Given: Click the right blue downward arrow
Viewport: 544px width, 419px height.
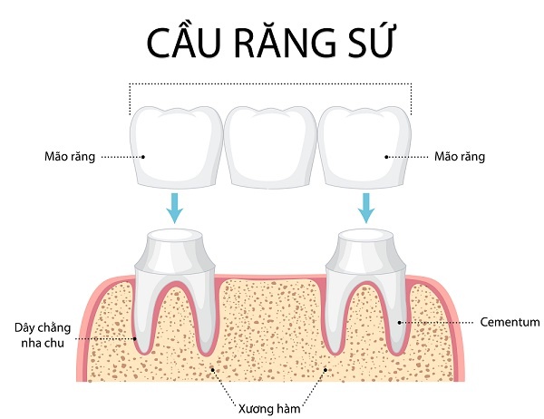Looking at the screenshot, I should tap(366, 209).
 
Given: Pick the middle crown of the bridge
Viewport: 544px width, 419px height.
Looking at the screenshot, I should tap(270, 145).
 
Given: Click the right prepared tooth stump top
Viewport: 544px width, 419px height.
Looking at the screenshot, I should tap(368, 239).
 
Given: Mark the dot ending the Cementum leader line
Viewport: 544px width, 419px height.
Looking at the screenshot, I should tap(401, 321).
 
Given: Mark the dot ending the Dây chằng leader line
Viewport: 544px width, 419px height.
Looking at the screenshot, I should tap(136, 337).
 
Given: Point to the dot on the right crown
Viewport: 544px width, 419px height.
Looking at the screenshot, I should tap(387, 156).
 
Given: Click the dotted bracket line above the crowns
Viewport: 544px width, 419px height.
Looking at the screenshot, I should tap(270, 84).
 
